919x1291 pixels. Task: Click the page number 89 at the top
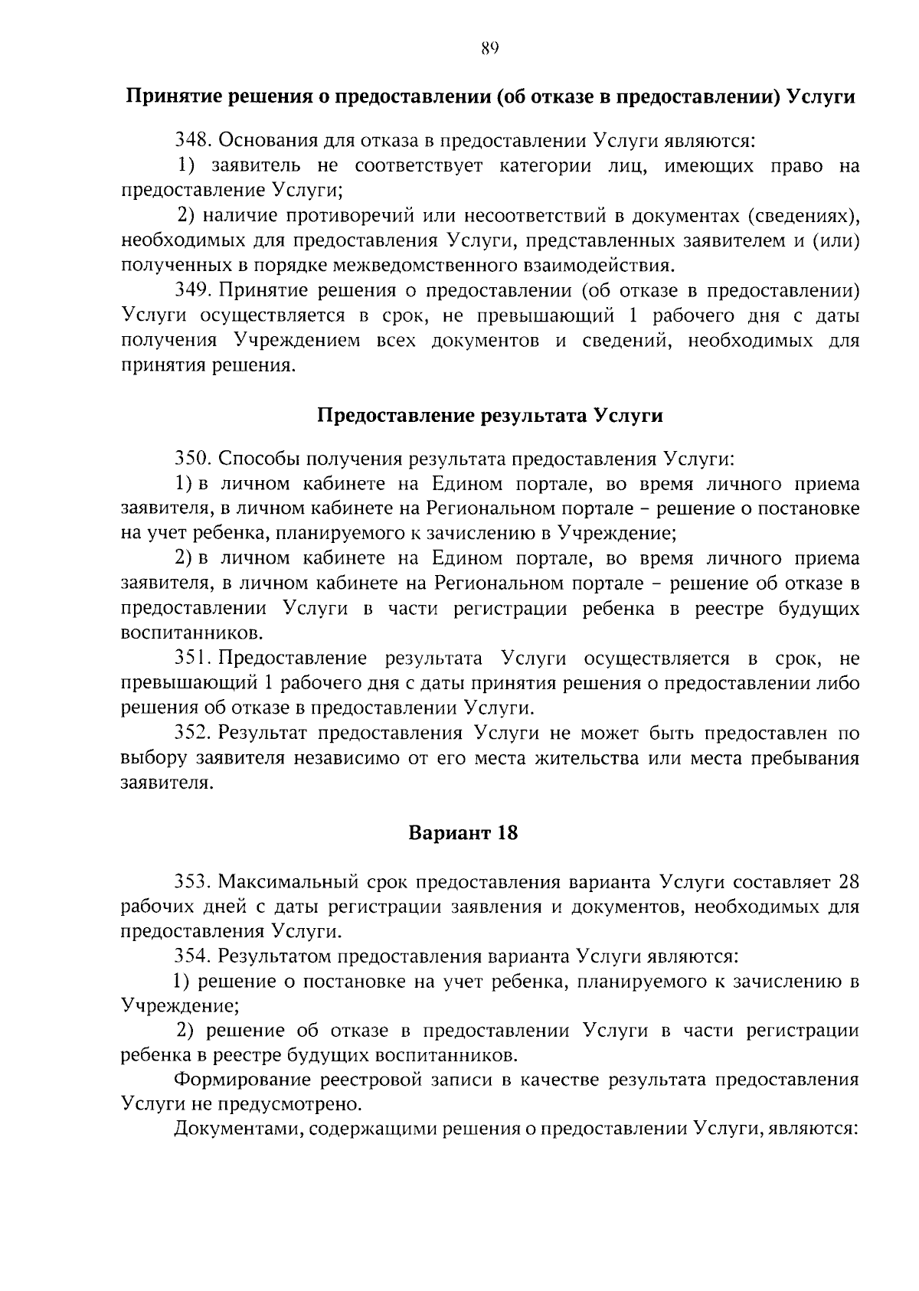490,50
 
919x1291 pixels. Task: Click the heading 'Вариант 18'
463,833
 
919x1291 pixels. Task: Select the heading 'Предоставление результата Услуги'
489,416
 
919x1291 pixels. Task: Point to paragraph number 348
193,141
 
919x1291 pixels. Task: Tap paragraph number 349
193,291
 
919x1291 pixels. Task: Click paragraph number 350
193,459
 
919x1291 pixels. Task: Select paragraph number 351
193,659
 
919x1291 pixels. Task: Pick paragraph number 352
193,734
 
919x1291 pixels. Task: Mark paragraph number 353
193,882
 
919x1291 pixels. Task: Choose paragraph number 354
193,957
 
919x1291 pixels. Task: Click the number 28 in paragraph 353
849,882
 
